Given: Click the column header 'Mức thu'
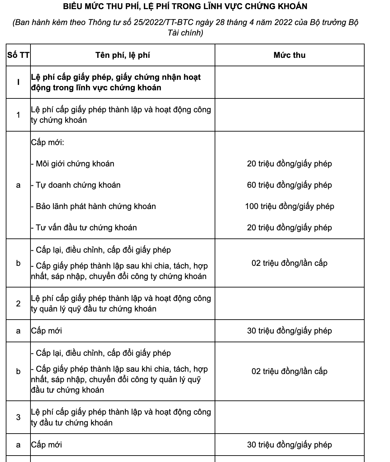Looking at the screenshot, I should point(289,55).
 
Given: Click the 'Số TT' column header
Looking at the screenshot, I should point(18,55).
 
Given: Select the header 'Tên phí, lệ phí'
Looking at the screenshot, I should point(123,55).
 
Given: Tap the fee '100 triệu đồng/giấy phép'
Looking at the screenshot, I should point(289,206).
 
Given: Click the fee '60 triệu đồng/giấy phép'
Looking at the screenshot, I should point(289,185).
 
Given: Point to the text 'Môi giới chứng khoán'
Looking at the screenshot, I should point(75,164).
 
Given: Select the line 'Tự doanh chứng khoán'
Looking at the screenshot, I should point(78,185).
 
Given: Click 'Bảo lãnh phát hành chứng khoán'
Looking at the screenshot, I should point(95,206).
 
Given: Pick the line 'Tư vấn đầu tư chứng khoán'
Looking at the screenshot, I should point(86,228).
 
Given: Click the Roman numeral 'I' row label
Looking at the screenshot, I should point(18,82).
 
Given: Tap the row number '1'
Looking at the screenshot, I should point(18,115).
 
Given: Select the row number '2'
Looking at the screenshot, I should point(18,304).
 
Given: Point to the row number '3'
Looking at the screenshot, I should point(18,417).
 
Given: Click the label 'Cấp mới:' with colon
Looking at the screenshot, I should point(47,142).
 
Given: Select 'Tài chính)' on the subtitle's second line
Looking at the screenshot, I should point(185,33).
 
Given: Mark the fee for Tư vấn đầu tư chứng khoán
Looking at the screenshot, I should point(289,228).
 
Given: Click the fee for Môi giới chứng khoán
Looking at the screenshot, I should point(289,164).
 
